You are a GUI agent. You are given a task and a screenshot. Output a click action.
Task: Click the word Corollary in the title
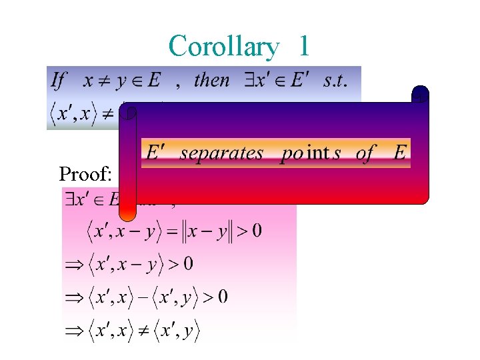[x=223, y=47]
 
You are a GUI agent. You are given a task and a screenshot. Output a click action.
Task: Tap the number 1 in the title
[x=304, y=47]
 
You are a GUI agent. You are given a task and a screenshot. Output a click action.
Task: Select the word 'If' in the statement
[x=59, y=81]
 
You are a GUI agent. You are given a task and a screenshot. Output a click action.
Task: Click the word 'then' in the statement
[x=211, y=81]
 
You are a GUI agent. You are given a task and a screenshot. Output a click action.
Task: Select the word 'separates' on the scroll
[x=221, y=153]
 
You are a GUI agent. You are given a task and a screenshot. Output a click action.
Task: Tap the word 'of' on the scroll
[x=365, y=153]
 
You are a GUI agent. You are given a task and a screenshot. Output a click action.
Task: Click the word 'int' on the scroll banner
[x=318, y=153]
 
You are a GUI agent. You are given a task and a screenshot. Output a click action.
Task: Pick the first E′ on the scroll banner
[x=153, y=153]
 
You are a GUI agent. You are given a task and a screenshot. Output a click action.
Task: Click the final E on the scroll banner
[x=399, y=153]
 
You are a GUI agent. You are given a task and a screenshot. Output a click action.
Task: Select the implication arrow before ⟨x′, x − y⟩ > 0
[x=72, y=265]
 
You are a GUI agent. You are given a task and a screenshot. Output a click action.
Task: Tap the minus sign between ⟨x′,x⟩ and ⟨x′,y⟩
[x=142, y=296]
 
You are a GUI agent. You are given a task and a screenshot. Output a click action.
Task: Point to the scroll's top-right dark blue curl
[x=420, y=95]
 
